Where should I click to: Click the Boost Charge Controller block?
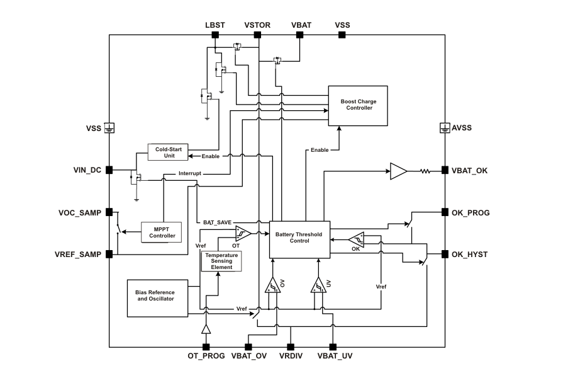[x=357, y=105]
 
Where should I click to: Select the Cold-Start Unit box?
[x=169, y=152]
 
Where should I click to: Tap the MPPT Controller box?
[x=162, y=232]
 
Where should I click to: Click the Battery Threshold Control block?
[x=299, y=239]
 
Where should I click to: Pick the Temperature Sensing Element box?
[x=221, y=261]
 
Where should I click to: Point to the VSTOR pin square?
[x=257, y=35]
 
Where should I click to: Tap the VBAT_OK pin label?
[x=469, y=170]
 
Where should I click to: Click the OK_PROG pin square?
[x=445, y=212]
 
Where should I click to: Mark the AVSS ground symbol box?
[x=445, y=128]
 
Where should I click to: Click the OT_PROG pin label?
[x=206, y=357]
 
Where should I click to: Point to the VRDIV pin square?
[x=291, y=347]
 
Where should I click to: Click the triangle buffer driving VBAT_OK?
[x=398, y=171]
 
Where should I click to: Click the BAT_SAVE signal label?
[x=217, y=222]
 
